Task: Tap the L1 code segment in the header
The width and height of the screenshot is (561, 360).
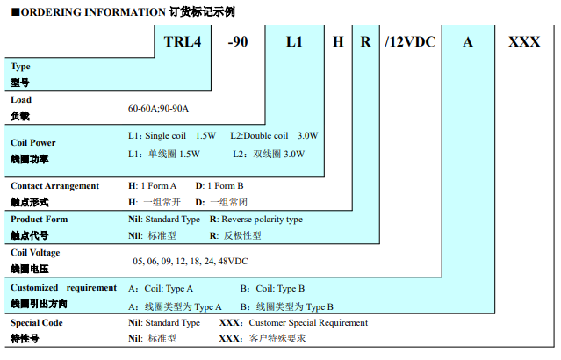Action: coord(294,42)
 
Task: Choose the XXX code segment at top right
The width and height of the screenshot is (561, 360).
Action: coord(524,42)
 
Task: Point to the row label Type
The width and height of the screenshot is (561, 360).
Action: coord(20,67)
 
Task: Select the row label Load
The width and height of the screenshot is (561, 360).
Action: coord(21,100)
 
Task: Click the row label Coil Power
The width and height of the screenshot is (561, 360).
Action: coord(33,142)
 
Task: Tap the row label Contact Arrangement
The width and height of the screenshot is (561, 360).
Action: coord(54,186)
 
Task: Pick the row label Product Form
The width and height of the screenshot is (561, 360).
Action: coord(39,220)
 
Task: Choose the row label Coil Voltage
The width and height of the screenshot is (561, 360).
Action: coord(35,253)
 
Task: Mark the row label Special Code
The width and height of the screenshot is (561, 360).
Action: coord(37,322)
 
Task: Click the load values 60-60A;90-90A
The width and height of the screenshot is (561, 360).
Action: coord(158,109)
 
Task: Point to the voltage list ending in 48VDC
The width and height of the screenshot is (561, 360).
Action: coord(190,262)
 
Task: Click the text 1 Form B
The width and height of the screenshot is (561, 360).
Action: coord(225,186)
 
